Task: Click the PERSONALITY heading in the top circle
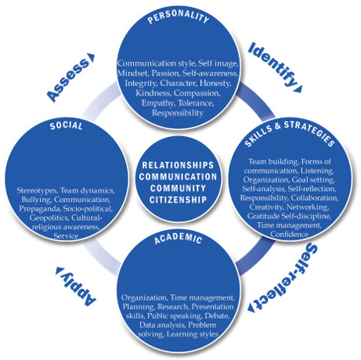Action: click(x=179, y=16)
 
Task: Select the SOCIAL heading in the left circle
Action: click(x=67, y=125)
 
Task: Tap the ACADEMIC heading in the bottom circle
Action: click(x=178, y=238)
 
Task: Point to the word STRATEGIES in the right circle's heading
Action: click(x=309, y=132)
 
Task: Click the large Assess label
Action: click(x=68, y=79)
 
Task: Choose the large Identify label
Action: click(x=273, y=64)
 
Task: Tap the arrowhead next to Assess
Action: click(x=92, y=58)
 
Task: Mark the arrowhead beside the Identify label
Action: click(x=298, y=89)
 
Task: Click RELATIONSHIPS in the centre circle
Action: click(x=178, y=165)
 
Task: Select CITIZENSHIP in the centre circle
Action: click(x=178, y=200)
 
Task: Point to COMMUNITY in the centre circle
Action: click(x=178, y=188)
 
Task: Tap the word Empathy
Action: click(x=158, y=103)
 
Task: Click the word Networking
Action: click(x=308, y=207)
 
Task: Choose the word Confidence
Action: click(x=289, y=234)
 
